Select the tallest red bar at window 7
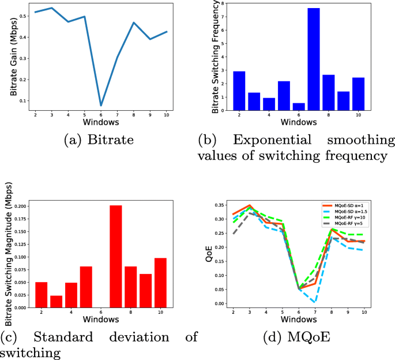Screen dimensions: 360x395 point(115,256)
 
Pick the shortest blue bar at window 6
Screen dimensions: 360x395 point(299,107)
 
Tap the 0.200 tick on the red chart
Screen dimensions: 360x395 point(17,206)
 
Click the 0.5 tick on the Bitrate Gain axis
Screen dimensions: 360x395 point(22,16)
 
